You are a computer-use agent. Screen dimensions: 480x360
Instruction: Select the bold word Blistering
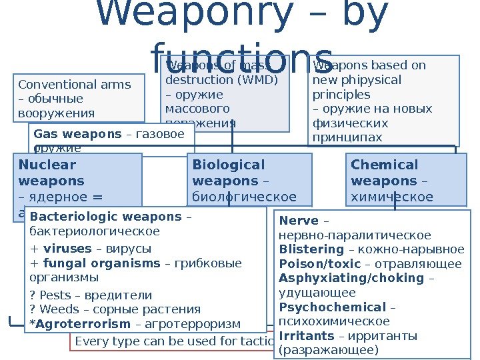(311, 249)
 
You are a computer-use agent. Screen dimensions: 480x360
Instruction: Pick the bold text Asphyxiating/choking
(351, 278)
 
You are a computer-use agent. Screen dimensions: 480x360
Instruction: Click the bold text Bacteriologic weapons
(106, 217)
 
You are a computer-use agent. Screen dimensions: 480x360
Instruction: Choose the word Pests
(53, 295)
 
